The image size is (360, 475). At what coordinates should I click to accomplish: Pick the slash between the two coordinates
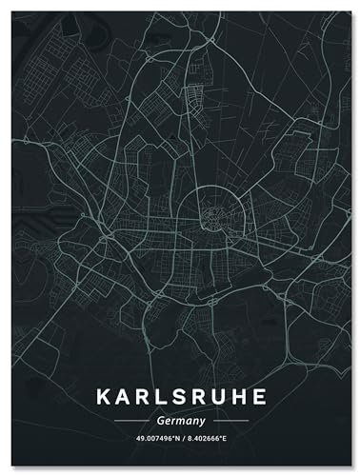(x=181, y=439)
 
